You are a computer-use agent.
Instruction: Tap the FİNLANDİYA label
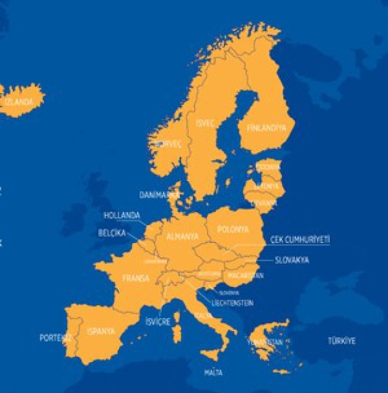click(267, 128)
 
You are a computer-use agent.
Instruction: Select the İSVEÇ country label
click(205, 123)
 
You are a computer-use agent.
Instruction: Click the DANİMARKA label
click(159, 195)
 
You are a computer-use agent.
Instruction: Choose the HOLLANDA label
click(121, 216)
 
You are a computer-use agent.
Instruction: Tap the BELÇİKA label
click(112, 233)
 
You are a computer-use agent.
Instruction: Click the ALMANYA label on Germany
click(182, 236)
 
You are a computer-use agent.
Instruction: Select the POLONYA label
click(233, 229)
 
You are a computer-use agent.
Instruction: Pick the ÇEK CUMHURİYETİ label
click(300, 239)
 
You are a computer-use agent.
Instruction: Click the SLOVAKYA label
click(292, 260)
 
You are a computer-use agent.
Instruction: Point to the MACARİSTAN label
click(245, 275)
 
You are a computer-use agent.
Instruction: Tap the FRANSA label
click(136, 278)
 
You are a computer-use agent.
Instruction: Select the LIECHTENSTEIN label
click(232, 303)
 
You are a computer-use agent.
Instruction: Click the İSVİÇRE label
click(157, 322)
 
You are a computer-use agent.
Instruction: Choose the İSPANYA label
click(100, 331)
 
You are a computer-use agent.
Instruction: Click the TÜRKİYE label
click(342, 341)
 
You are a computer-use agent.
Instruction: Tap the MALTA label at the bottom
click(213, 373)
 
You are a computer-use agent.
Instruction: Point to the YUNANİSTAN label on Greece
click(265, 342)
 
